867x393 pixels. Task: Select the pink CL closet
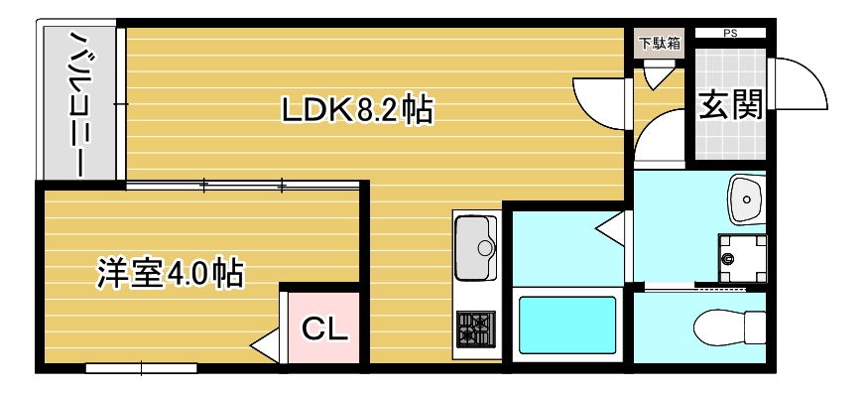tap(324, 328)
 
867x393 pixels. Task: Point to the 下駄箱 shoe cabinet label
tap(659, 43)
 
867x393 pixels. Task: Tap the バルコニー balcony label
tap(76, 103)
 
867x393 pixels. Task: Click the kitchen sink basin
tap(475, 244)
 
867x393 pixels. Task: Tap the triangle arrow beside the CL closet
tap(265, 347)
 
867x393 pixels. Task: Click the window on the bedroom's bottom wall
tap(141, 368)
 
